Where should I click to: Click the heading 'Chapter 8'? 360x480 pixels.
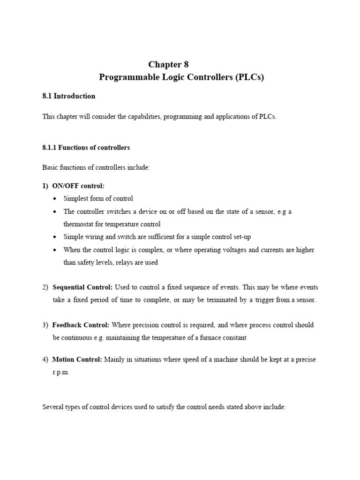(168, 65)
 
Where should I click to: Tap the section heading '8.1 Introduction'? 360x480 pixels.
(68, 96)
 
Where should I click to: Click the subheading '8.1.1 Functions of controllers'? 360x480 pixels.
(86, 147)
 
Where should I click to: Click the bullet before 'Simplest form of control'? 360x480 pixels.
(55, 199)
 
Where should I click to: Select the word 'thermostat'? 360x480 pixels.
(80, 224)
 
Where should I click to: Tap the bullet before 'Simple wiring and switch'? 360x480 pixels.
(55, 237)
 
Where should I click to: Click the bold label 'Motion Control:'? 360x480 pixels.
(77, 360)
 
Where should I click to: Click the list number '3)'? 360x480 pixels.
(45, 325)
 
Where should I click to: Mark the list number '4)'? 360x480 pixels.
(45, 360)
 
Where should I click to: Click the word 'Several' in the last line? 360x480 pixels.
(53, 407)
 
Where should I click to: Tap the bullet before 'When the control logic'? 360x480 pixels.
(55, 250)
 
